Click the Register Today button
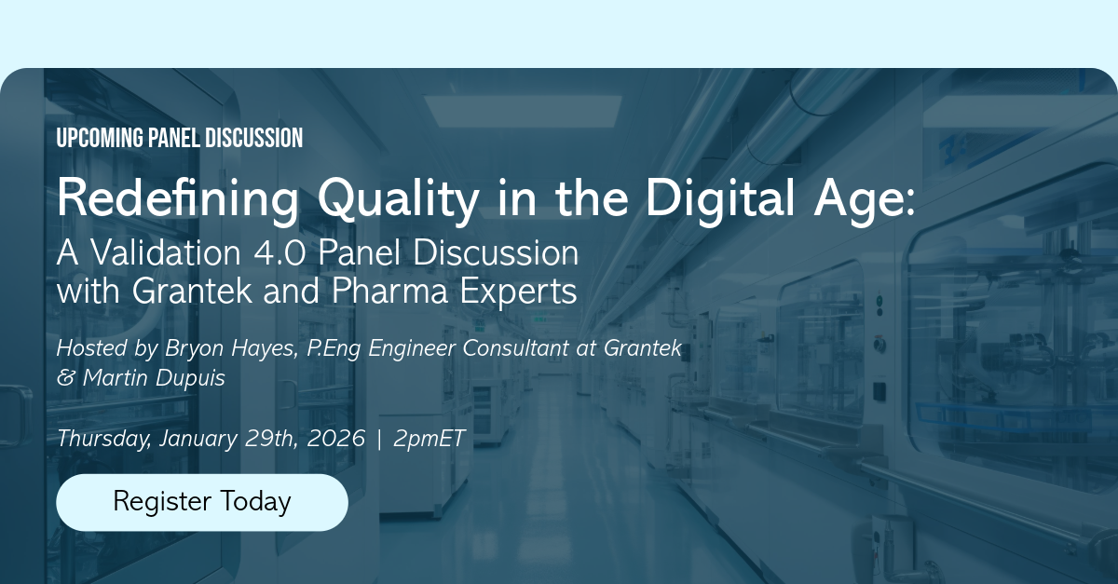(202, 502)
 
